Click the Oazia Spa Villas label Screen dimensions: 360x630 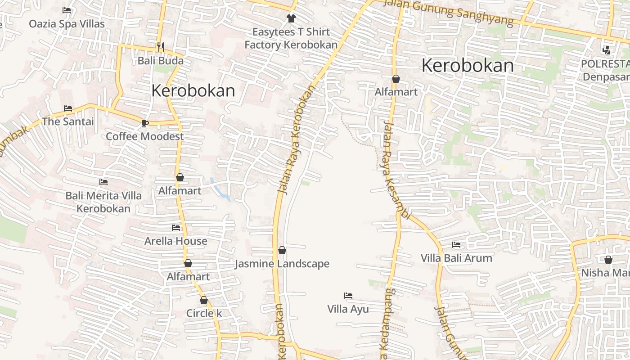click(x=67, y=24)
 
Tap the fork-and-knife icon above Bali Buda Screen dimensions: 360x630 click(x=161, y=46)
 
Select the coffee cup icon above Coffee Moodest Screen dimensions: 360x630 click(x=144, y=123)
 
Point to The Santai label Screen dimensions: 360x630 click(x=68, y=121)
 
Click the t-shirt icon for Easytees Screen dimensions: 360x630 click(x=291, y=18)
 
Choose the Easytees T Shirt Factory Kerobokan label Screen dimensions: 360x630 click(x=291, y=38)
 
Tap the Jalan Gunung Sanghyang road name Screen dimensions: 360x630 click(x=448, y=11)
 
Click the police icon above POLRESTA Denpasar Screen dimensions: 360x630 click(x=606, y=50)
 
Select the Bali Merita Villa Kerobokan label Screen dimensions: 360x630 click(x=103, y=202)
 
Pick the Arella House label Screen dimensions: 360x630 click(x=176, y=241)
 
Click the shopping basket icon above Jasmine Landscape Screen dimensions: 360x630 click(x=282, y=250)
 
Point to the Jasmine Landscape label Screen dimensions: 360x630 click(x=282, y=264)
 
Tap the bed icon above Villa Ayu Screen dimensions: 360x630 click(x=348, y=296)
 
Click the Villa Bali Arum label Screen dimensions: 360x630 click(x=456, y=258)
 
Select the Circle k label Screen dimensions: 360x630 click(x=204, y=313)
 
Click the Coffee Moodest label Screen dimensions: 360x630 click(x=145, y=136)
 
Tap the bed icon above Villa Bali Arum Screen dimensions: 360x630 click(x=456, y=245)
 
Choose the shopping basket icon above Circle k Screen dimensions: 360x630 click(x=204, y=300)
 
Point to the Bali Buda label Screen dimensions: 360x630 click(x=161, y=60)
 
